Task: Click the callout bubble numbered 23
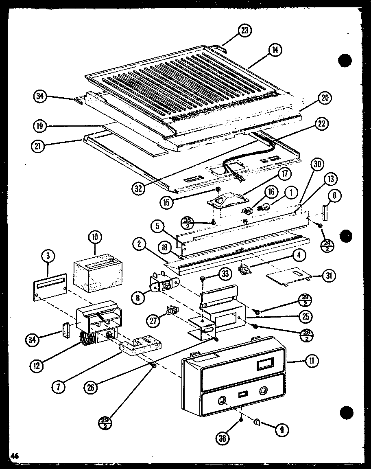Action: (x=245, y=31)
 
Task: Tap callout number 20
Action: (x=325, y=98)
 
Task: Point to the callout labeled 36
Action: (x=224, y=438)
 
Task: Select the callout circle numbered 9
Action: (x=281, y=428)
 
